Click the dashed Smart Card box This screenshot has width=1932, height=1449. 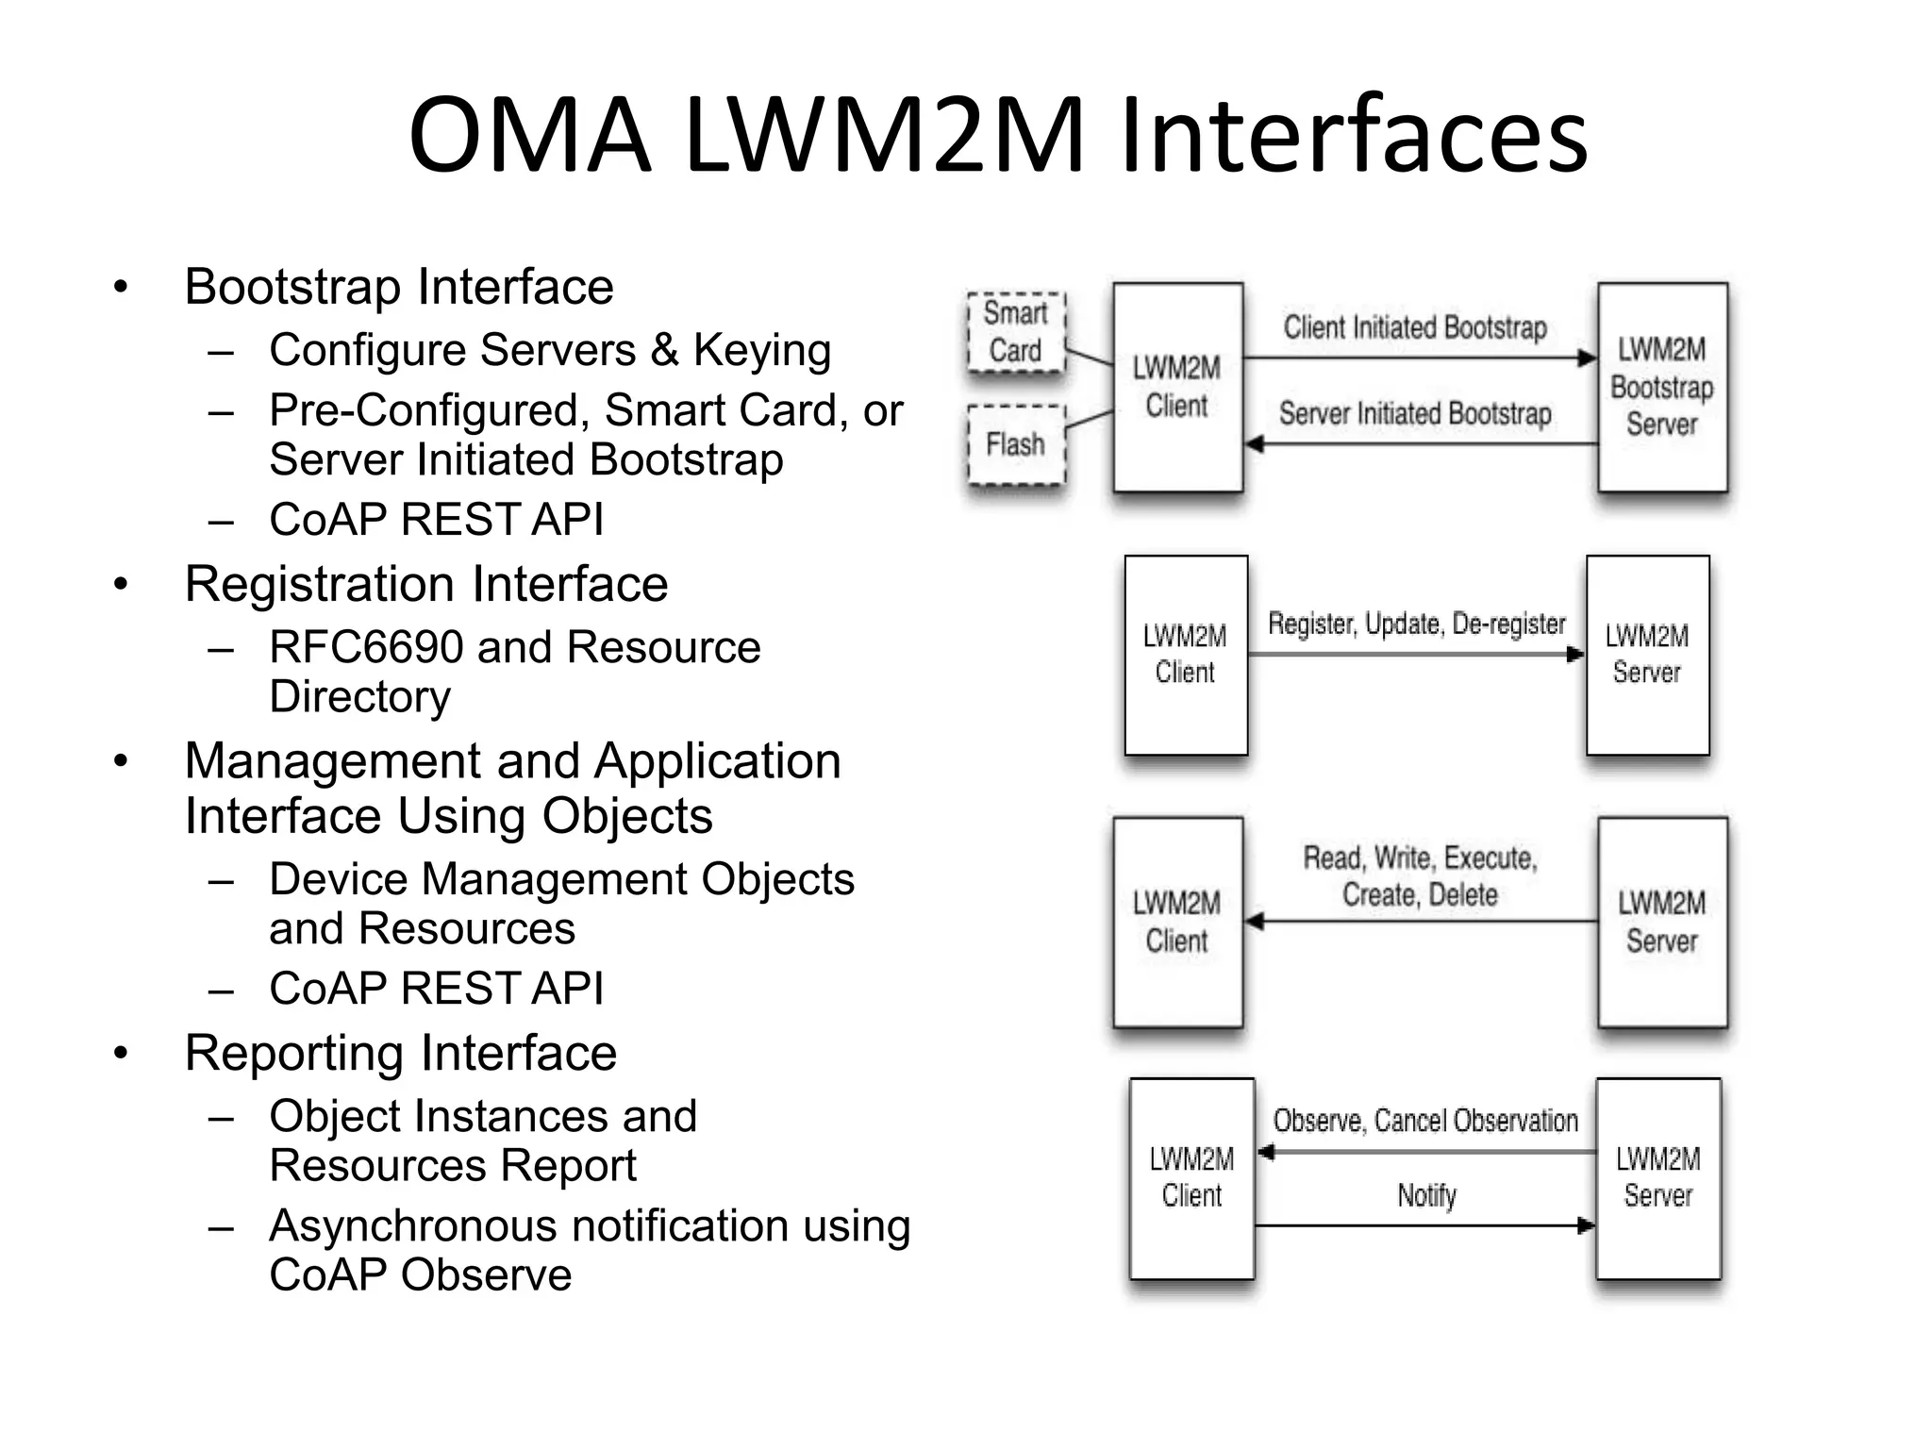(x=1016, y=332)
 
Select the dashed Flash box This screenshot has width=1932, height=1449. (x=1016, y=444)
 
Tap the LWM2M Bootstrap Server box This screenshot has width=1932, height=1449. (x=1662, y=387)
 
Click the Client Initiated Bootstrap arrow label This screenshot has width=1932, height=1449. (x=1414, y=327)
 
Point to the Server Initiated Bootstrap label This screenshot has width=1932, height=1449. (x=1414, y=413)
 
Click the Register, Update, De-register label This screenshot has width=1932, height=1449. (x=1416, y=624)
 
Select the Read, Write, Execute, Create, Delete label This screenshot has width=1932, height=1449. (x=1420, y=875)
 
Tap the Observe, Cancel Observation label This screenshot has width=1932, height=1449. (x=1424, y=1121)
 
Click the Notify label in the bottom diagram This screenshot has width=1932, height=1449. (x=1426, y=1195)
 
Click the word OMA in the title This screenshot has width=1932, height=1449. (x=529, y=135)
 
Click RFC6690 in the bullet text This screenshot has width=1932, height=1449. (x=364, y=647)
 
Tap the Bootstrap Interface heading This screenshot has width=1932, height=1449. (x=398, y=287)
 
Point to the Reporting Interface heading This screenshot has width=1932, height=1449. (x=400, y=1053)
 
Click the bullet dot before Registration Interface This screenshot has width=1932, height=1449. (x=120, y=585)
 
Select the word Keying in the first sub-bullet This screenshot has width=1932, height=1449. (x=761, y=350)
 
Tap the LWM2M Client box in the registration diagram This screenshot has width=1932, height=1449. (x=1186, y=655)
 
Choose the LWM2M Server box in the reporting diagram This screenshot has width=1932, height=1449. (x=1657, y=1177)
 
